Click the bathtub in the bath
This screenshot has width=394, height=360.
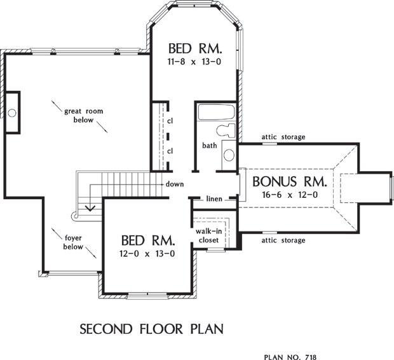(x=216, y=112)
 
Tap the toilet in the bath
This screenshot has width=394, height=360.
(x=226, y=130)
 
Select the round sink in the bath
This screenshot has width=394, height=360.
(x=229, y=155)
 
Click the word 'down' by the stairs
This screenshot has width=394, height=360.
(x=175, y=184)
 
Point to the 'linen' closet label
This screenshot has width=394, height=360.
(x=214, y=198)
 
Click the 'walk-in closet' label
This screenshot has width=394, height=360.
(x=209, y=235)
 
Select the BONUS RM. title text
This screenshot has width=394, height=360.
(x=290, y=182)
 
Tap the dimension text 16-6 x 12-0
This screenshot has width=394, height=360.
(x=290, y=195)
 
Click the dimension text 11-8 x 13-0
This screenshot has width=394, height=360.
(x=194, y=62)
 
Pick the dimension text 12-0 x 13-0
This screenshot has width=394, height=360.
(x=147, y=254)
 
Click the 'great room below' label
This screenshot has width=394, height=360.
(x=84, y=116)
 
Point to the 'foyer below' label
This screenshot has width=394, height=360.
(x=73, y=242)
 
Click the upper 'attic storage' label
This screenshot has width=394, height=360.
(x=283, y=137)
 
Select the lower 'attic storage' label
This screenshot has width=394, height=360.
(x=283, y=240)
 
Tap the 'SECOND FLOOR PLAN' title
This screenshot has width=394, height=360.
(x=151, y=329)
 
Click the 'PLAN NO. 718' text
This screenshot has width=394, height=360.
(x=290, y=357)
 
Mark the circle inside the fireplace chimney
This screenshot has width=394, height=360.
(x=12, y=113)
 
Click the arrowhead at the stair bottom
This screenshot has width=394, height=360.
(x=90, y=208)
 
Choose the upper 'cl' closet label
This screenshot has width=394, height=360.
(x=170, y=121)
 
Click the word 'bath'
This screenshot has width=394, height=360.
(x=210, y=145)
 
